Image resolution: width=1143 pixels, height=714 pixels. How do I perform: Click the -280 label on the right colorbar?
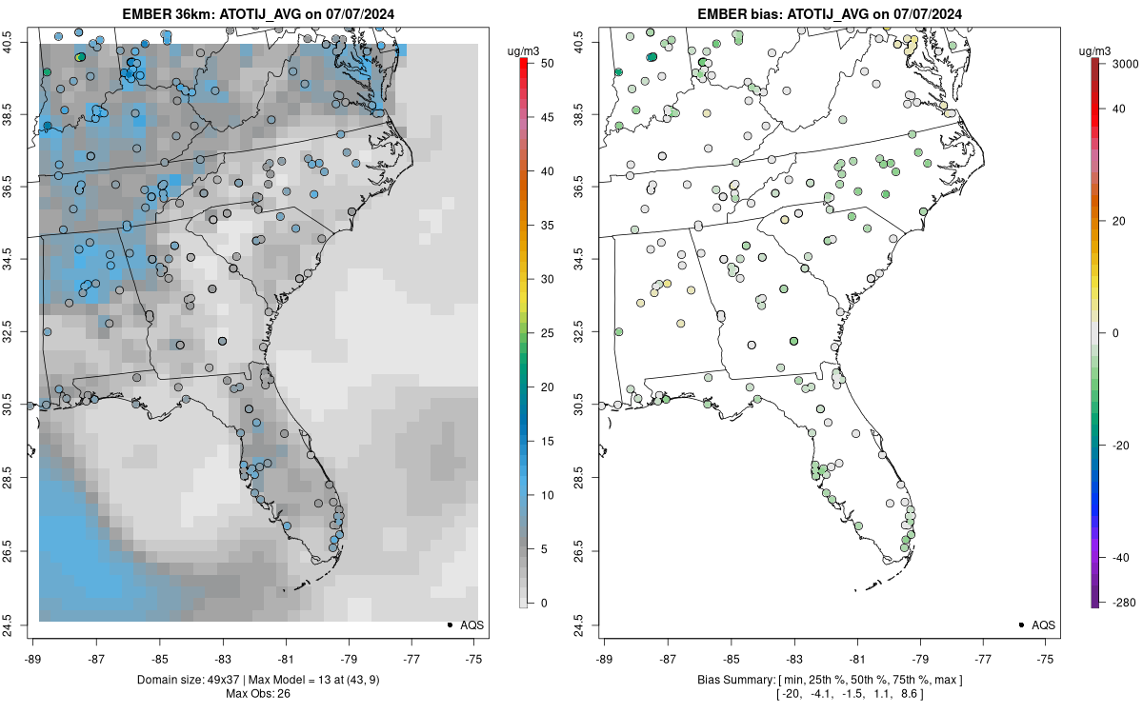click(1115, 602)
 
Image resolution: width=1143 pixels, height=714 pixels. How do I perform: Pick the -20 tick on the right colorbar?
click(1115, 445)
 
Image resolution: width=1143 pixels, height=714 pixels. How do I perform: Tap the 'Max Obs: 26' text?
click(257, 693)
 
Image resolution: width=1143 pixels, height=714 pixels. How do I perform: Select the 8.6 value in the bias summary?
click(903, 694)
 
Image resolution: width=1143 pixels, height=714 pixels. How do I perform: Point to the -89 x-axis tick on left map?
click(33, 658)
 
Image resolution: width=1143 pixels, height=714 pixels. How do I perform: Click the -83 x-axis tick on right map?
click(793, 658)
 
